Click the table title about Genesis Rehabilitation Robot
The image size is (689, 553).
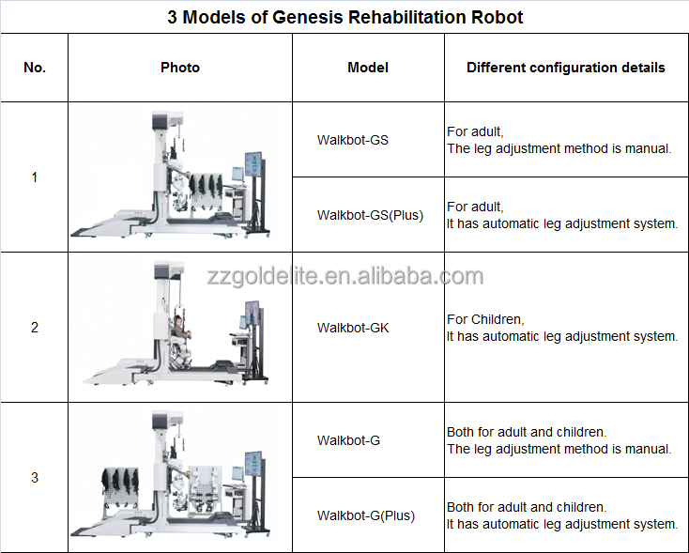tap(344, 17)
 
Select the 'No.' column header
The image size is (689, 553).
tap(34, 68)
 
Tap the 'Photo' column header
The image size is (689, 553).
tap(179, 68)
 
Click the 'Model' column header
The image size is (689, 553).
tap(368, 68)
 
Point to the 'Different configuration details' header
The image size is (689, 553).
tap(565, 68)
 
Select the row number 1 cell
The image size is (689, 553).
tap(35, 177)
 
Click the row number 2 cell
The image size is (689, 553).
tap(35, 328)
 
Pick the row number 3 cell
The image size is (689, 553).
tap(35, 477)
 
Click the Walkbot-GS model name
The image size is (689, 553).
tap(352, 140)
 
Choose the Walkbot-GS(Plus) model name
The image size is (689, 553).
tap(370, 215)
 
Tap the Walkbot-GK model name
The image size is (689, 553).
tap(352, 328)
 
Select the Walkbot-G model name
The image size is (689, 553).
tap(348, 440)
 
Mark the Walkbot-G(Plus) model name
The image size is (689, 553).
tap(365, 515)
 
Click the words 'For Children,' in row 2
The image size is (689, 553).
tap(485, 319)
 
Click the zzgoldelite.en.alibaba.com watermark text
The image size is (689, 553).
tap(344, 276)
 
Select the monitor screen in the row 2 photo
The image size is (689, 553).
tap(253, 319)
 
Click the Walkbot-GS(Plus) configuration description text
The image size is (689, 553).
tap(561, 215)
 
